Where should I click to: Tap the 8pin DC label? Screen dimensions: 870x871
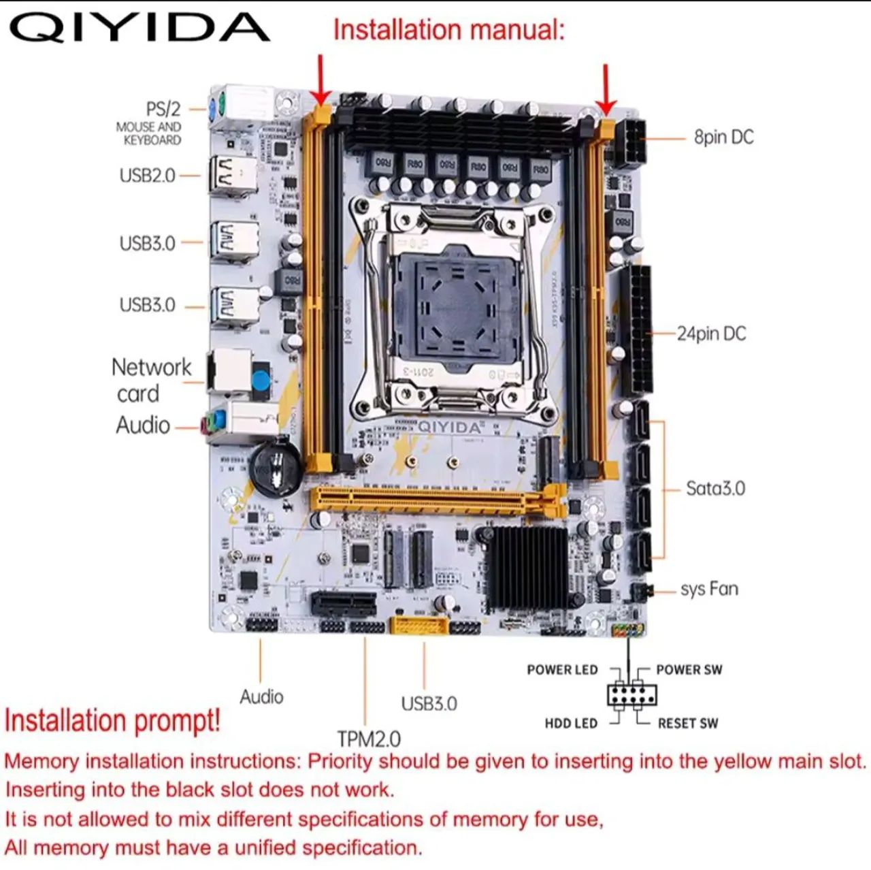click(723, 137)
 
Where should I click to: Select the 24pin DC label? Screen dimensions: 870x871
click(711, 334)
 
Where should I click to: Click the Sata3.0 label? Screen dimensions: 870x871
click(715, 488)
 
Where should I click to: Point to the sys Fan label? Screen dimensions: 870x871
click(709, 589)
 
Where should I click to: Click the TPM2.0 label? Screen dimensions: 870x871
click(369, 739)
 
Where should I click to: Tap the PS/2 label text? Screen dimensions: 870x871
click(163, 109)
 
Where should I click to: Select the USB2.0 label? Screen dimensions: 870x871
click(147, 175)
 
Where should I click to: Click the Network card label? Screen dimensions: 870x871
click(151, 380)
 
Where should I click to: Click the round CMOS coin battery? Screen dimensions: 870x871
click(276, 468)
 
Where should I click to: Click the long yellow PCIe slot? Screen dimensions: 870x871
click(435, 501)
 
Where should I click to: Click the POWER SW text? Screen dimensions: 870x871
click(689, 670)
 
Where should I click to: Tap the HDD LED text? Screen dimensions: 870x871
click(570, 723)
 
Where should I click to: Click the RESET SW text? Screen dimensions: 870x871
click(687, 723)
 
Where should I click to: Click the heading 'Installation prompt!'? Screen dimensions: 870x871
click(112, 720)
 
